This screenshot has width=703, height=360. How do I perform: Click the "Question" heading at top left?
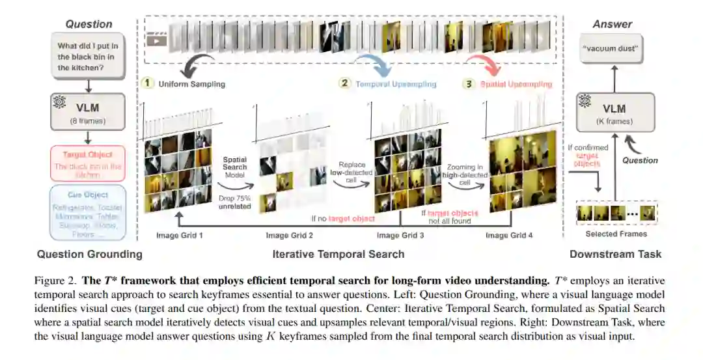tap(89, 24)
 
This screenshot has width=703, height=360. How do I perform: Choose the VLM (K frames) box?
tap(614, 112)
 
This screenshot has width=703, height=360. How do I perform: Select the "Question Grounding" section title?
tap(89, 254)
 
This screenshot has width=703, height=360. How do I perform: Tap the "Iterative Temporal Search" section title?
tap(338, 254)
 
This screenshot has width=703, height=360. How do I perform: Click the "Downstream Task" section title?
tap(615, 254)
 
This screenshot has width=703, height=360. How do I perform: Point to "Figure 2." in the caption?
tap(56, 281)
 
